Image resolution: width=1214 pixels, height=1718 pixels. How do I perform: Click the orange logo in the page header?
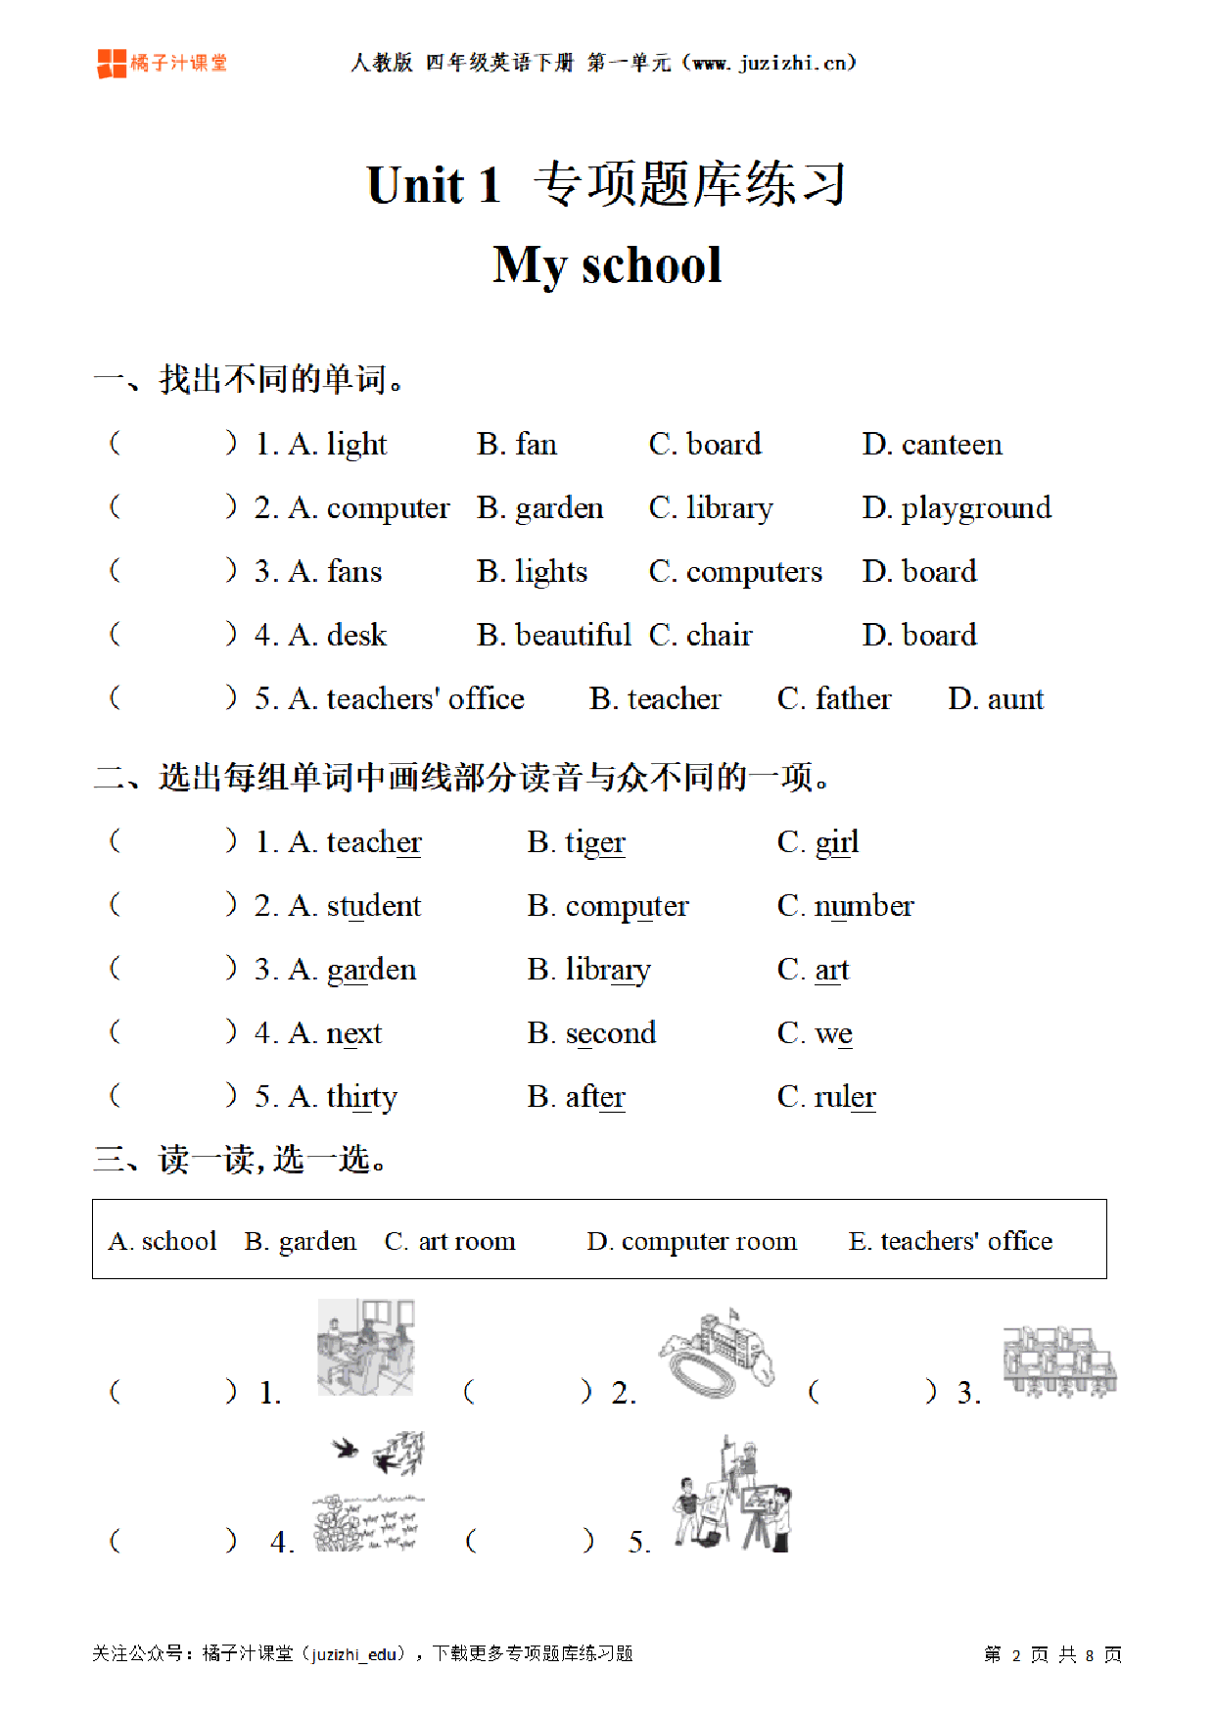click(113, 64)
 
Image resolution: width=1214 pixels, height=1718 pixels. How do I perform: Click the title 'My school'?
click(607, 265)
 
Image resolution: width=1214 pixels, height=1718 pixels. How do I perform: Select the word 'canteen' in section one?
click(951, 445)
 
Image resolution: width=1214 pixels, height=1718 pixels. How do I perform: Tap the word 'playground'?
click(975, 508)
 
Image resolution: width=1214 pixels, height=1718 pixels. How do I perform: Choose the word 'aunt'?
click(1015, 699)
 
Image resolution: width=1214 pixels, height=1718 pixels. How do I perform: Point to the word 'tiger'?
click(594, 842)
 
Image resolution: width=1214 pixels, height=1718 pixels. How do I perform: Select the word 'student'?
click(373, 906)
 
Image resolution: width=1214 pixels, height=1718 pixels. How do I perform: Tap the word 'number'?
click(864, 906)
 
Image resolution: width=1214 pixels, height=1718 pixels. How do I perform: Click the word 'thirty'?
click(361, 1097)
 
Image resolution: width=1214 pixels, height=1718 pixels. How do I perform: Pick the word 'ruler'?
click(844, 1097)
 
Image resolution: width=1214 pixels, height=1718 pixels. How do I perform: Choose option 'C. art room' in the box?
click(449, 1241)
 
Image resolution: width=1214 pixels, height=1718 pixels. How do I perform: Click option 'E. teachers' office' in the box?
click(950, 1241)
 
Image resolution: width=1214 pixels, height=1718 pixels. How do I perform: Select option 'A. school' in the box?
click(163, 1241)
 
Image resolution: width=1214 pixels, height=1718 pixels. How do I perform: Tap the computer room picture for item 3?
click(1059, 1361)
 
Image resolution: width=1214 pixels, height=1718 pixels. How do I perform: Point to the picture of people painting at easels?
click(732, 1496)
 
